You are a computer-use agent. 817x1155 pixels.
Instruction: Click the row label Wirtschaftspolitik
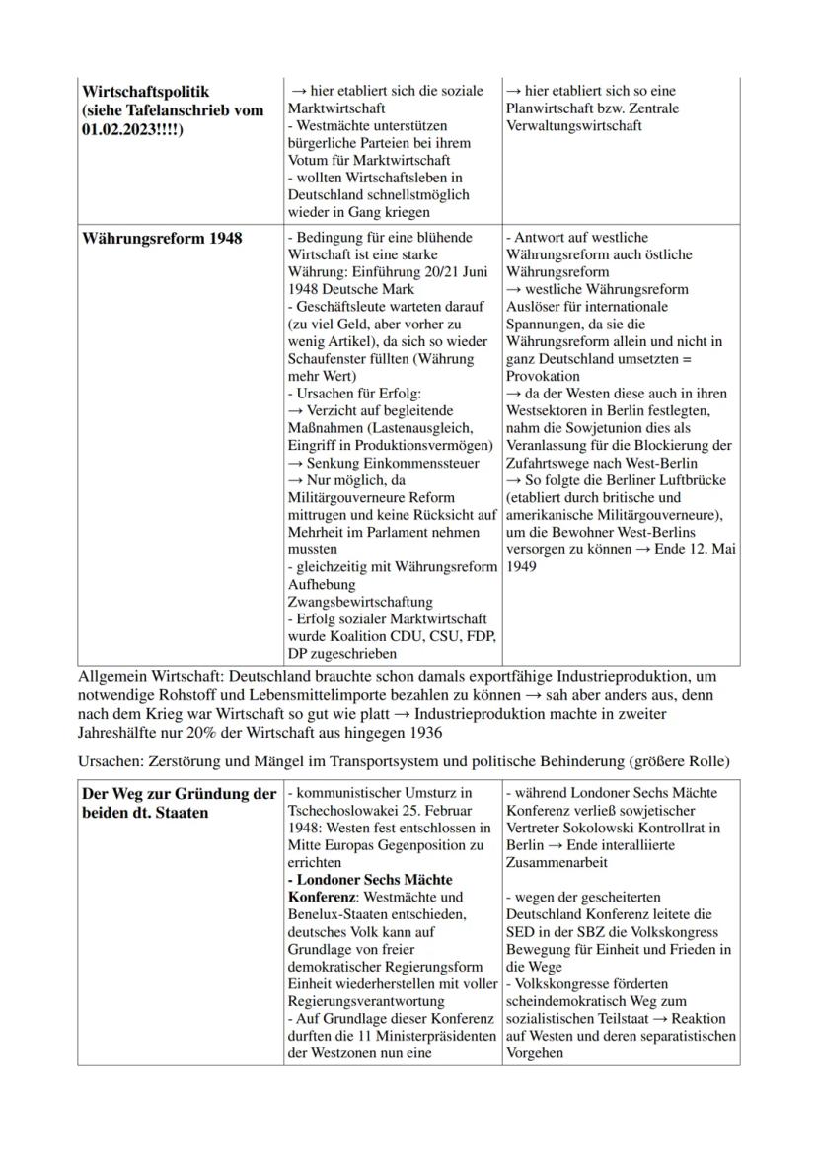pos(146,92)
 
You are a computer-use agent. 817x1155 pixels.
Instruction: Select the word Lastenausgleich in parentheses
pos(406,428)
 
